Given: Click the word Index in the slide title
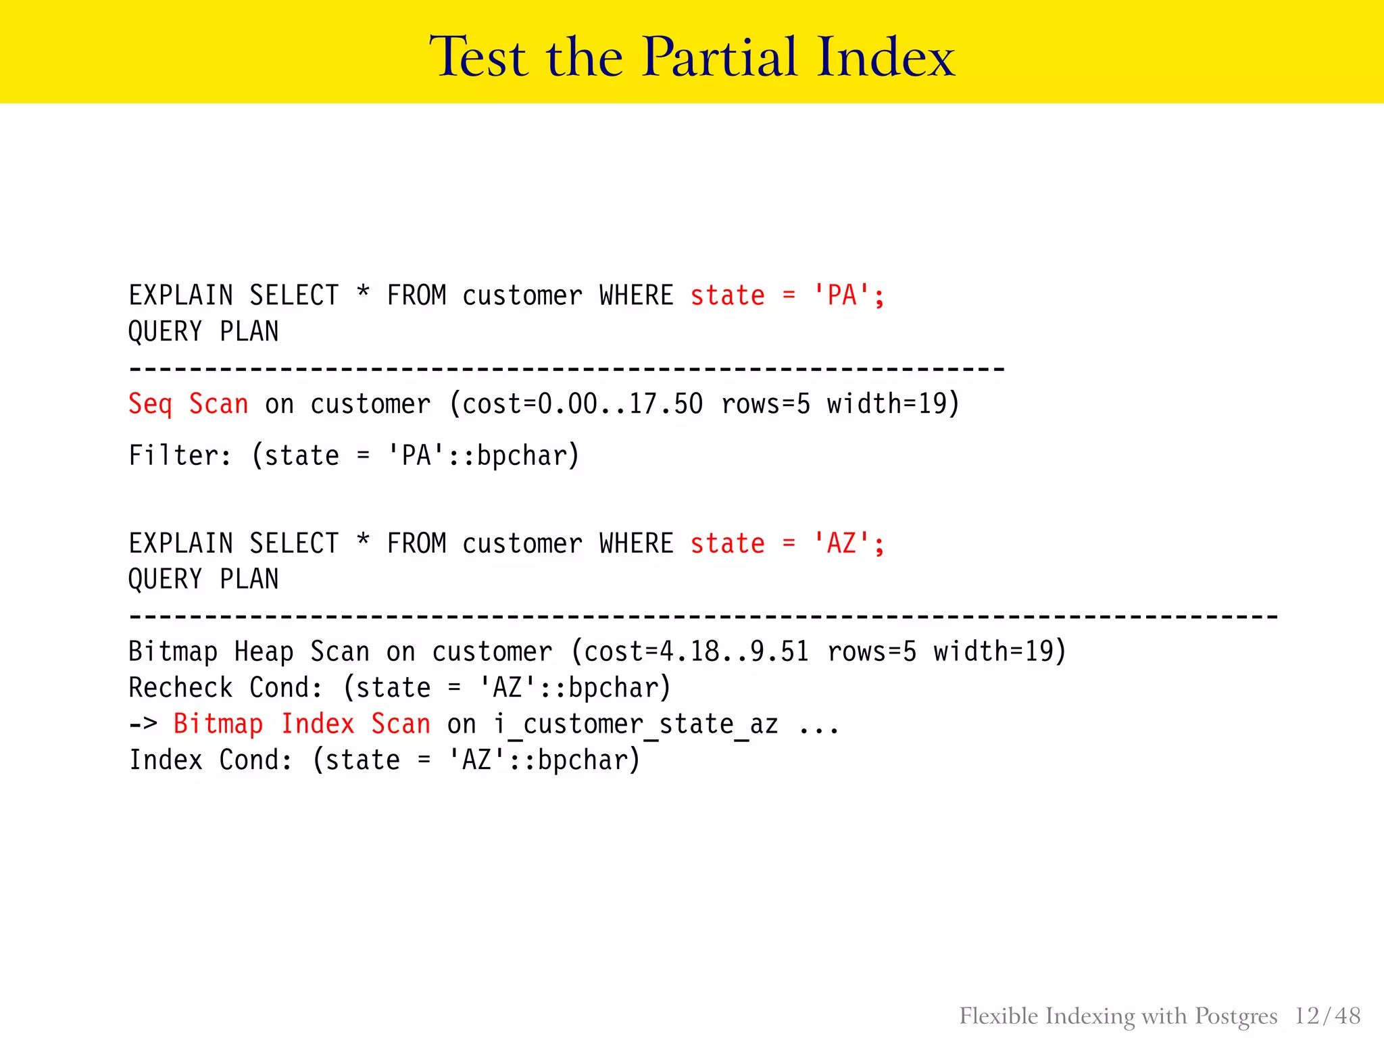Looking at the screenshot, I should [x=885, y=57].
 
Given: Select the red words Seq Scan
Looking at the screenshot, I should [x=189, y=404].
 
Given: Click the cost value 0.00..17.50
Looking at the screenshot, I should [x=620, y=404].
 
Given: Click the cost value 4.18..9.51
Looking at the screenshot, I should [x=734, y=652].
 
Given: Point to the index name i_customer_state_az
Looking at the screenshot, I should [x=635, y=724].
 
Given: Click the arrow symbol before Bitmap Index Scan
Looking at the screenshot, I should [x=143, y=724].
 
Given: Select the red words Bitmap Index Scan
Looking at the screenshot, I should [x=302, y=724].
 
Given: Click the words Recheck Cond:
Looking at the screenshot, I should [x=226, y=688].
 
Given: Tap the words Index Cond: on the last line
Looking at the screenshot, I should [x=211, y=760].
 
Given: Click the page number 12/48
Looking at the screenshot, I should [x=1327, y=1016].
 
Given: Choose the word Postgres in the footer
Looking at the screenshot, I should [x=1236, y=1016].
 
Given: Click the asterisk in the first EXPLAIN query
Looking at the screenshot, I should [x=363, y=293].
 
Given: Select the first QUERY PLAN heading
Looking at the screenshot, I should [x=203, y=332].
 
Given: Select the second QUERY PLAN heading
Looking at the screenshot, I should [x=203, y=580].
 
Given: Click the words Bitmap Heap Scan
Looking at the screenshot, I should [x=249, y=652].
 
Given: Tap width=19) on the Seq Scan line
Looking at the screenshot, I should [x=893, y=404].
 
